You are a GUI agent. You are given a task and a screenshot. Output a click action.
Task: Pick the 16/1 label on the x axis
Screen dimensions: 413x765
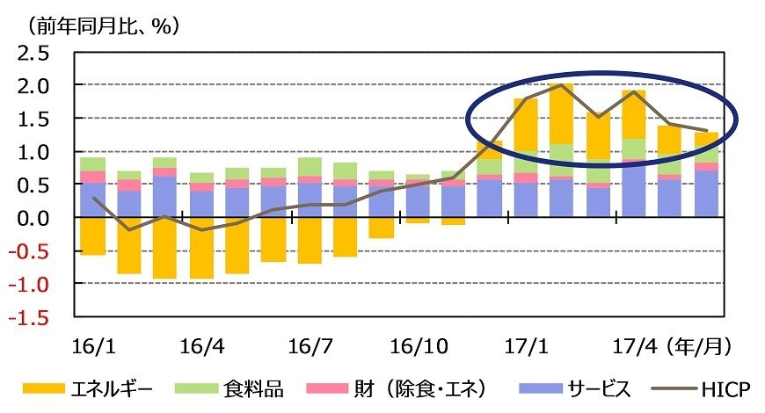92,345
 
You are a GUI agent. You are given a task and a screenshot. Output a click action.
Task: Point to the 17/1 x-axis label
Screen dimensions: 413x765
526,345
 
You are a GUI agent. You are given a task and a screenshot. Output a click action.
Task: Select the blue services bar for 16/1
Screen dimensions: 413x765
92,200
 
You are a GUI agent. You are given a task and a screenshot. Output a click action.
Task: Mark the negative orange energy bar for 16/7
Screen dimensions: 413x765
310,240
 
